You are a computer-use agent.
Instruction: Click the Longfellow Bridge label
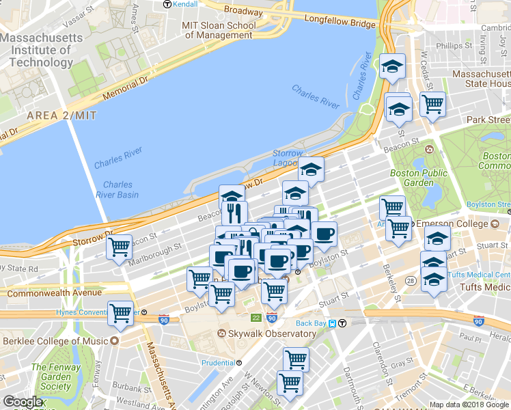[340, 24]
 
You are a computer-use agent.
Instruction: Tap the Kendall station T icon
[167, 4]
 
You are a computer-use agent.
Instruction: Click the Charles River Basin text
[120, 190]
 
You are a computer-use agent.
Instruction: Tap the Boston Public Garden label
[412, 178]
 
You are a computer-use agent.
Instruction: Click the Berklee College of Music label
[55, 341]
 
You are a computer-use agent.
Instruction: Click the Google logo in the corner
[23, 402]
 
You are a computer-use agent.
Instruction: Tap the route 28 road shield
[411, 281]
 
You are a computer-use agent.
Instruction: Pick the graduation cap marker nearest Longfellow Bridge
[392, 66]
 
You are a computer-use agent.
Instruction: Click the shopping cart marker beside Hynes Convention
[121, 312]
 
